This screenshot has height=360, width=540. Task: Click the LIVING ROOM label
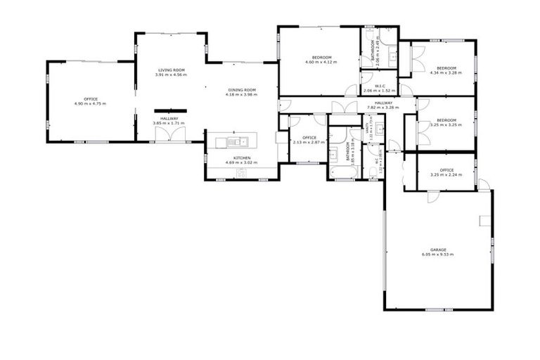[x=172, y=70]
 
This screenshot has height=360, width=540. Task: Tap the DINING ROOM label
[x=242, y=90]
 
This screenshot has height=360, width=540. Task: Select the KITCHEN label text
[x=241, y=157]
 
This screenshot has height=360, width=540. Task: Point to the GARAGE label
[x=439, y=249]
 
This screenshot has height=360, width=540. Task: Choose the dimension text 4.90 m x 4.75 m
[x=90, y=104]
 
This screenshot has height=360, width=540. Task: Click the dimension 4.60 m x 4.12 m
[x=321, y=62]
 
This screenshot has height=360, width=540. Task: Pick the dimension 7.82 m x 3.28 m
[x=383, y=108]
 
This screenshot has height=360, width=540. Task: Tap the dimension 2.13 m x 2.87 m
[x=309, y=142]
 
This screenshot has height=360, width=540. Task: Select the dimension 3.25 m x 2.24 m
[x=446, y=175]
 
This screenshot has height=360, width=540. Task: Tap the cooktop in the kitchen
[x=241, y=172]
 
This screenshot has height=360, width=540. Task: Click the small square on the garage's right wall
[x=484, y=221]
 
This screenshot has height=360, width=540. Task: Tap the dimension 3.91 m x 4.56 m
[x=172, y=75]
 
